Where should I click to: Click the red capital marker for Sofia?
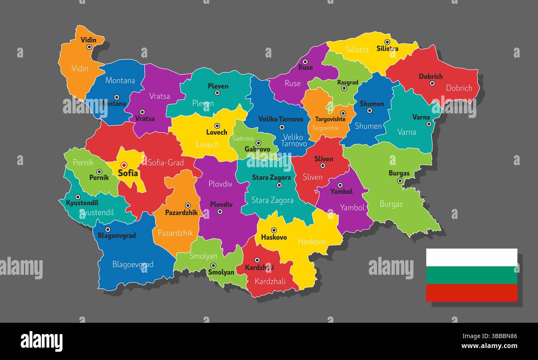click(x=124, y=165)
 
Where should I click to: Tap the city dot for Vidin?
click(x=89, y=47)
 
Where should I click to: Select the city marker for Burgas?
click(x=400, y=181)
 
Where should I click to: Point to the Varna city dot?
click(x=429, y=124)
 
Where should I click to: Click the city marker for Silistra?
click(x=387, y=42)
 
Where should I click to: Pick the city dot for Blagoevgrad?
click(x=108, y=229)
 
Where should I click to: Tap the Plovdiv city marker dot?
click(x=220, y=211)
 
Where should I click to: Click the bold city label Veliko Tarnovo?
click(x=281, y=119)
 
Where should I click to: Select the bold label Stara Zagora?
click(x=271, y=178)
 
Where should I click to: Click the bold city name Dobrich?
click(x=430, y=77)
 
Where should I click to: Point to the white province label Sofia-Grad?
click(x=166, y=163)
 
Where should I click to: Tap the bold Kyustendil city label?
click(x=82, y=203)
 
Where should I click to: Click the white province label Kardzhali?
click(x=270, y=281)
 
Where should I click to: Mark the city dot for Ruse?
click(x=305, y=61)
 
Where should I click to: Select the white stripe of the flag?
click(x=472, y=257)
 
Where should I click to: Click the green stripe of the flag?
click(x=472, y=275)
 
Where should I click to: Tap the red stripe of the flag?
click(x=472, y=293)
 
